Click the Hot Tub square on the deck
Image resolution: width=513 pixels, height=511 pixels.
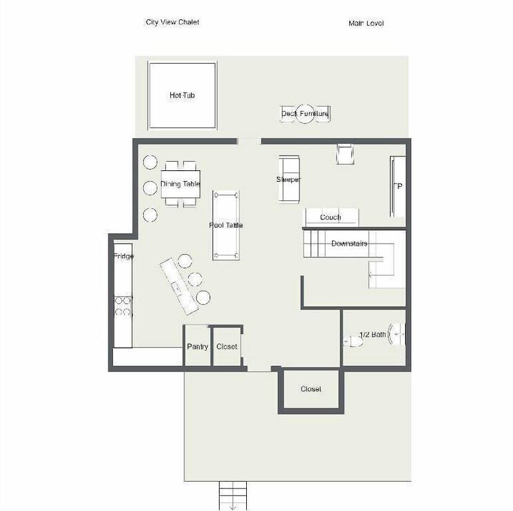pyautogui.click(x=182, y=95)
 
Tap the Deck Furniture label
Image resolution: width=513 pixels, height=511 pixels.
pyautogui.click(x=305, y=114)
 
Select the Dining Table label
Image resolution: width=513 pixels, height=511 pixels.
pyautogui.click(x=180, y=184)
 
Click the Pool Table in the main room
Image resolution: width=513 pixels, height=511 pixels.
pyautogui.click(x=226, y=226)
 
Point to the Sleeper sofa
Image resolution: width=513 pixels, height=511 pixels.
pyautogui.click(x=289, y=180)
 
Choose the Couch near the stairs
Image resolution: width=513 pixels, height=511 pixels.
pyautogui.click(x=331, y=218)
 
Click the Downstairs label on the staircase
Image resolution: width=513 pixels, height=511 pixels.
pyautogui.click(x=349, y=244)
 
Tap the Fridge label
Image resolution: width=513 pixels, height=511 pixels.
pyautogui.click(x=123, y=256)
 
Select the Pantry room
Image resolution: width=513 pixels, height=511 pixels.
pyautogui.click(x=197, y=347)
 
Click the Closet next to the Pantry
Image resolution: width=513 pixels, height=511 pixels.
pyautogui.click(x=227, y=347)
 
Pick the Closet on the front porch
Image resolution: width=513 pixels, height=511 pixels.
pyautogui.click(x=311, y=389)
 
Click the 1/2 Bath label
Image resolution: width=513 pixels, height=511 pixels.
pyautogui.click(x=372, y=335)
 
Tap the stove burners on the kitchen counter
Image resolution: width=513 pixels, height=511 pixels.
pyautogui.click(x=123, y=305)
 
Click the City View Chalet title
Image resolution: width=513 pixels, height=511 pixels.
pyautogui.click(x=172, y=22)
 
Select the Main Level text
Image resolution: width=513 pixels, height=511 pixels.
pyautogui.click(x=366, y=23)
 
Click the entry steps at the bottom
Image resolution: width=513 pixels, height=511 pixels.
pyautogui.click(x=232, y=494)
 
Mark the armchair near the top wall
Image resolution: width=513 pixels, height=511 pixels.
pyautogui.click(x=345, y=154)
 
